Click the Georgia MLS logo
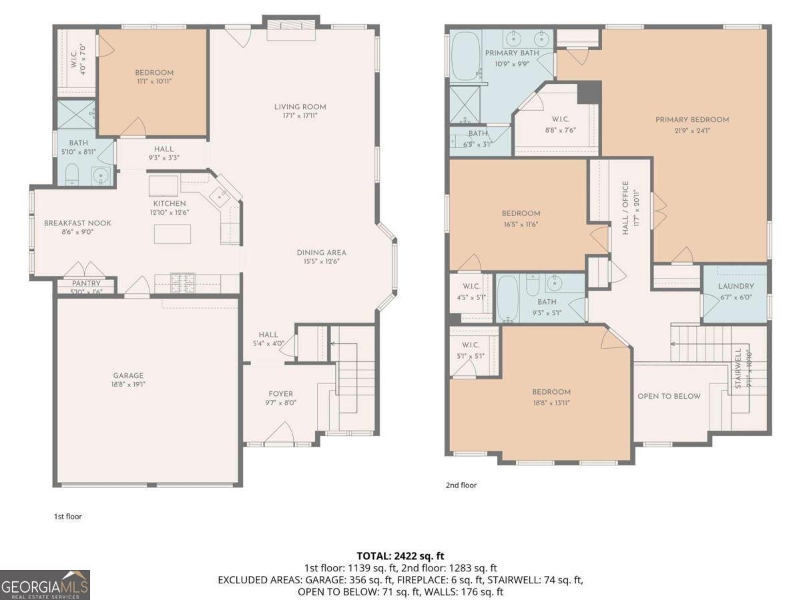click(45, 585)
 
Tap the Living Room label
click(300, 107)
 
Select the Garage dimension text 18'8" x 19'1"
click(127, 385)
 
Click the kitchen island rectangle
click(172, 234)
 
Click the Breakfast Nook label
click(77, 223)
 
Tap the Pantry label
click(86, 283)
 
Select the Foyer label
click(281, 393)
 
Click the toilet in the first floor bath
click(73, 176)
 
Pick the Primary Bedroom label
click(692, 120)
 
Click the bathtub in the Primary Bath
click(465, 56)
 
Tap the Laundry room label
click(736, 287)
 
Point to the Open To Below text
click(669, 396)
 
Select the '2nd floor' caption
click(461, 485)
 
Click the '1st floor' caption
click(67, 516)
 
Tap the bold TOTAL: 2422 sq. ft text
click(400, 555)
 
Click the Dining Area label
click(322, 253)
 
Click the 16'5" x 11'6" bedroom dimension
click(521, 224)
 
